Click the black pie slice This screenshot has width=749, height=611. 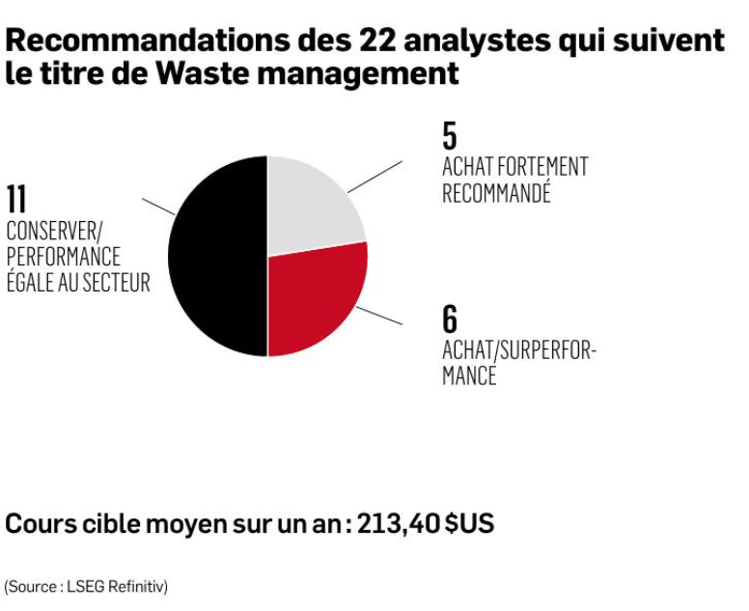217,256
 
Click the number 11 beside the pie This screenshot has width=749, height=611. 16,200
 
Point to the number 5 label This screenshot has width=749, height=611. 450,136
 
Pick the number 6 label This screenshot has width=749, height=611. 450,319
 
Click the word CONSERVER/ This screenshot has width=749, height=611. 54,232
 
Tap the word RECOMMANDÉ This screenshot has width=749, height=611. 496,192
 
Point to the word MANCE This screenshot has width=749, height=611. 469,375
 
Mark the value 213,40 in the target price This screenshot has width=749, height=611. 399,524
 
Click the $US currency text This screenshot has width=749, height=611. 469,523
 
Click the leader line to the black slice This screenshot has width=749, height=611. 158,207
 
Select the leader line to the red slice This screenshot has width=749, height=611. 379,316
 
